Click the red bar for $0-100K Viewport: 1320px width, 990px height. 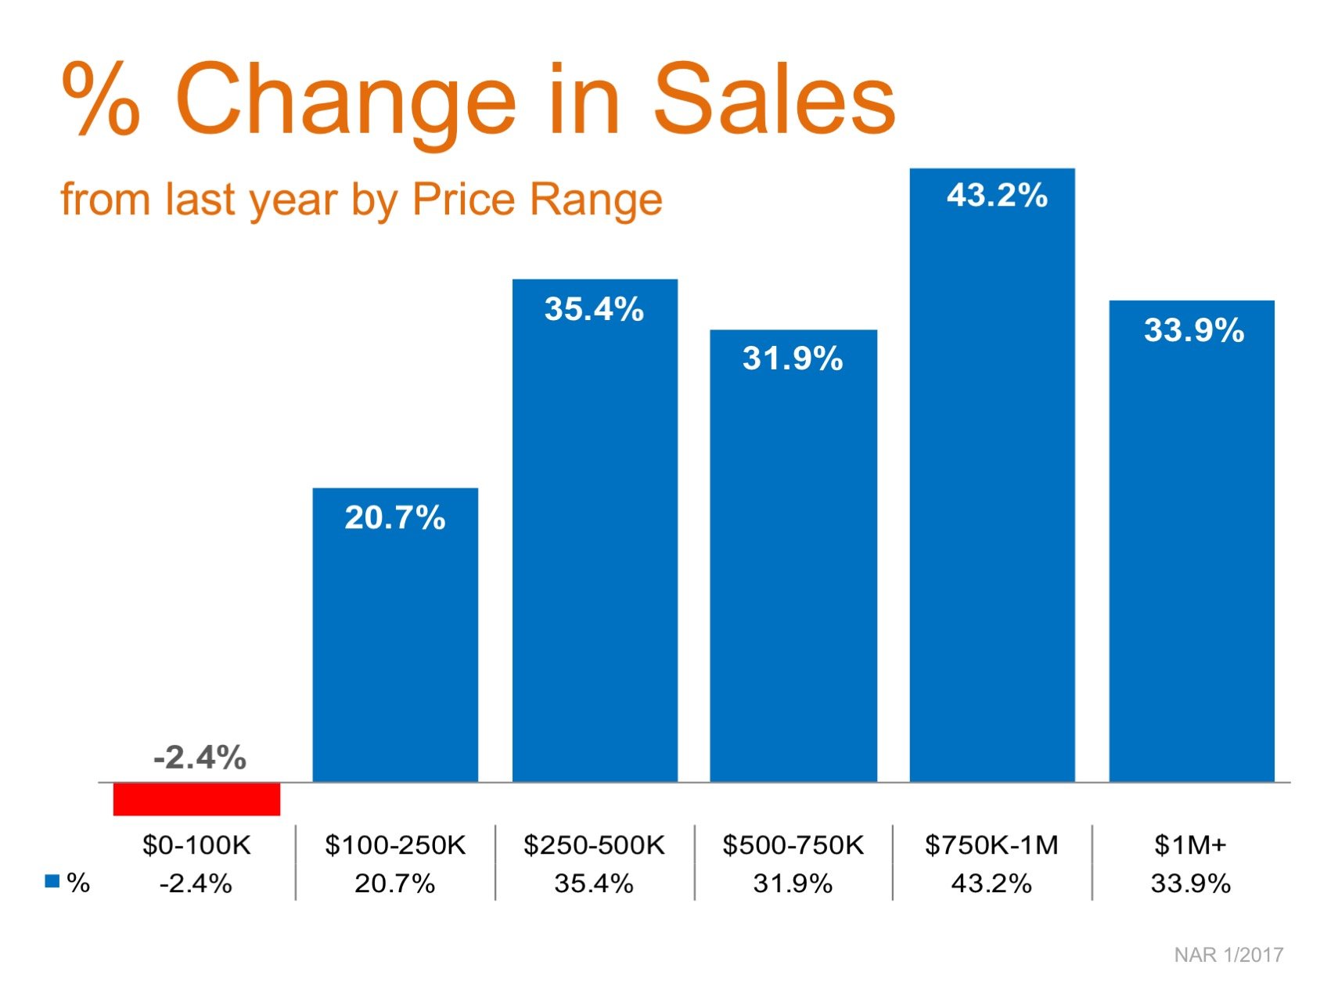pyautogui.click(x=196, y=799)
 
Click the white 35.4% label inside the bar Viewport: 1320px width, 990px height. pyautogui.click(x=594, y=309)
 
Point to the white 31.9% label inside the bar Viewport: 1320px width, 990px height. pyautogui.click(x=793, y=358)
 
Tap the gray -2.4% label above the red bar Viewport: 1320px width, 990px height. pyautogui.click(x=200, y=758)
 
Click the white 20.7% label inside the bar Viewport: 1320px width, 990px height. pyautogui.click(x=395, y=517)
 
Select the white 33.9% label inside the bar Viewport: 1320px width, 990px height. pyautogui.click(x=1194, y=329)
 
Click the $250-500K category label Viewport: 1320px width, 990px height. pyautogui.click(x=594, y=845)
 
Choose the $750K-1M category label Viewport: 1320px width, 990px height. pyautogui.click(x=991, y=845)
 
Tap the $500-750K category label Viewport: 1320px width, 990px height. pyautogui.click(x=793, y=845)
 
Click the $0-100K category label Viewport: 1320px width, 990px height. pyautogui.click(x=196, y=845)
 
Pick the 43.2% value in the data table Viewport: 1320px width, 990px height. pyautogui.click(x=991, y=884)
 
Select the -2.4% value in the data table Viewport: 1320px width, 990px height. pyautogui.click(x=196, y=884)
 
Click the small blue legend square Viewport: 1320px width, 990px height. pyautogui.click(x=52, y=881)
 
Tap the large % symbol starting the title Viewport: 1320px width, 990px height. pyautogui.click(x=101, y=99)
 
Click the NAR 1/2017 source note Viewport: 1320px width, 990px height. pyautogui.click(x=1228, y=955)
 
